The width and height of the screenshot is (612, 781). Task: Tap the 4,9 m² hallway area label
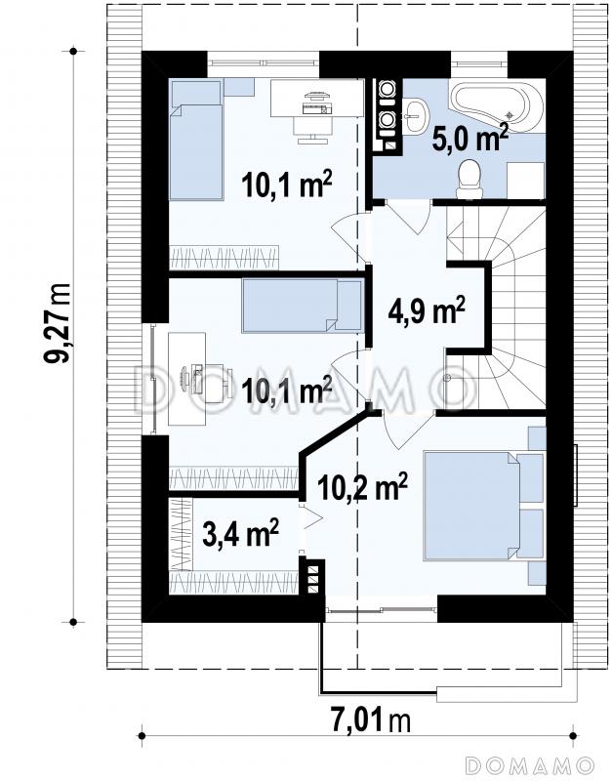[427, 310]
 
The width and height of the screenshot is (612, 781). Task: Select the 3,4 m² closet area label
[240, 533]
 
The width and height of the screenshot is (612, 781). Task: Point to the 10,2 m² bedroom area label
[362, 486]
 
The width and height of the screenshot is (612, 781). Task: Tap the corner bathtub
[497, 105]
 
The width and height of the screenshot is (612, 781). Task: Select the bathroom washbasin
[415, 115]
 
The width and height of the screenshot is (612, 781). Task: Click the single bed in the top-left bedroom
[196, 141]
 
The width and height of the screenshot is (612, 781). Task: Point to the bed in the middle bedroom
[303, 305]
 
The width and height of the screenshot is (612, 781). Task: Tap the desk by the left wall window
[186, 379]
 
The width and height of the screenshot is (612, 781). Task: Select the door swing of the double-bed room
[407, 430]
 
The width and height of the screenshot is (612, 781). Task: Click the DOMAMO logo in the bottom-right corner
[530, 765]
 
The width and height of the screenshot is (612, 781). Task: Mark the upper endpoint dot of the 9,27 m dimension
[73, 51]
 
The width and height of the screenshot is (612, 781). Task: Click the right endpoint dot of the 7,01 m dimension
[573, 736]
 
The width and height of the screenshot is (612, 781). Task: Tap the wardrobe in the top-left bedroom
[224, 258]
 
